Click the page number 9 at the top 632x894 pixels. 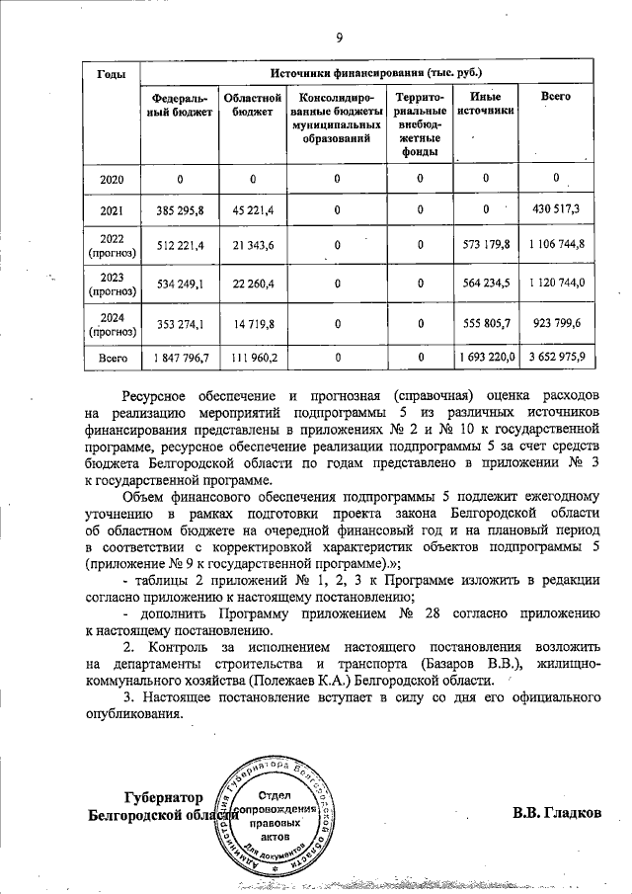coord(338,39)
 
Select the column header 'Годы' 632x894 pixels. coord(111,76)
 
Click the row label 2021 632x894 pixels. coord(111,210)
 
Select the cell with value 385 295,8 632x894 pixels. coord(180,210)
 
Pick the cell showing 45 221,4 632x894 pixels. coord(253,210)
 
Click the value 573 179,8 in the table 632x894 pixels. coord(484,245)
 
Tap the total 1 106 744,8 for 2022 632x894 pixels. coord(556,245)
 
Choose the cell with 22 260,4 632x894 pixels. coord(253,284)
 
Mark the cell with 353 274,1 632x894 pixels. coord(180,322)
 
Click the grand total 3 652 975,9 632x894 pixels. coord(556,357)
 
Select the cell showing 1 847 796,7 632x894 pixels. coord(180,357)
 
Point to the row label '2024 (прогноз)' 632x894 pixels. coord(111,322)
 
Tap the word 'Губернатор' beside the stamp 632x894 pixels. coord(163,798)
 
